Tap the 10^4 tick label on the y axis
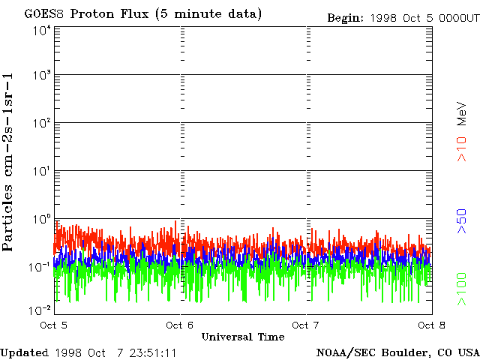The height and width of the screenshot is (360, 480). pos(41,31)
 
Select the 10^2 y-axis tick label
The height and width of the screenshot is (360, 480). pos(41,123)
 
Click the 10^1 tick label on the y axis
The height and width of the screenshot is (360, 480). pos(41,171)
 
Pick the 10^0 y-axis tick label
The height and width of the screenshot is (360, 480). pos(41,219)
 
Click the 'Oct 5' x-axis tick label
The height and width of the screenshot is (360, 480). pos(53,325)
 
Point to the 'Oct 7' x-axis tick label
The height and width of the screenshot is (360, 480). pos(305,325)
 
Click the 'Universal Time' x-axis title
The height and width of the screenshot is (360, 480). pos(242,337)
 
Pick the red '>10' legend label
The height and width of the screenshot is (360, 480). pos(463,148)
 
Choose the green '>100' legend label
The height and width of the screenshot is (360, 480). pos(463,290)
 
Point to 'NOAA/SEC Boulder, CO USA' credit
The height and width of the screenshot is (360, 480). pos(397,352)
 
